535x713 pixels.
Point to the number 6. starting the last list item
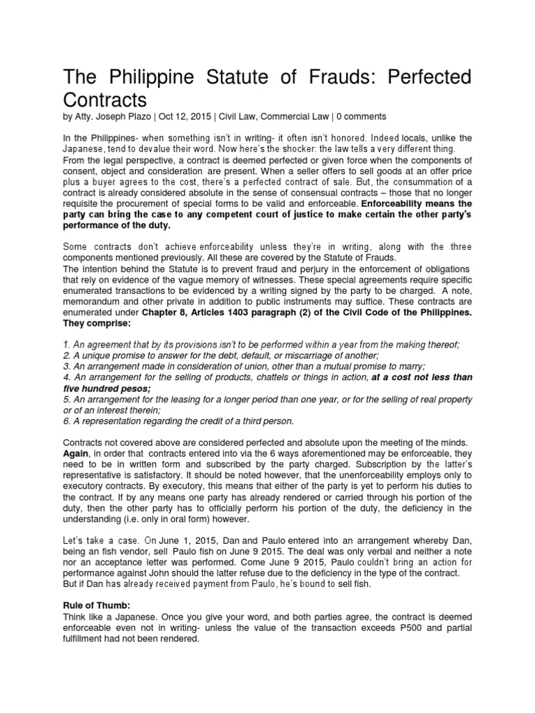(x=66, y=421)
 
